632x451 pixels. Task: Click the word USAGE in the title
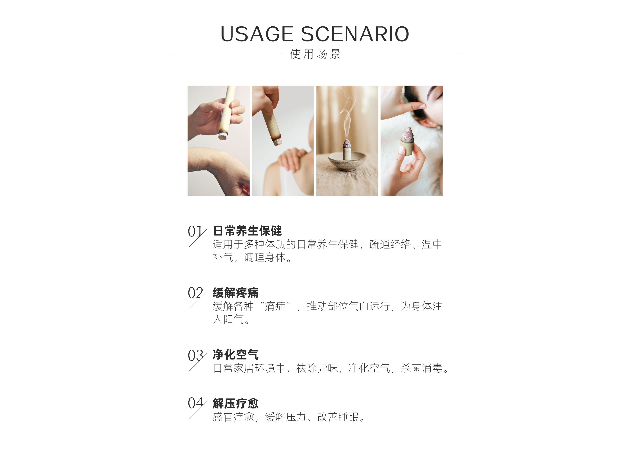257,34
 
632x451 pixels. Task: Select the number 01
195,231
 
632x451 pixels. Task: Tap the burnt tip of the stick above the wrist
222,136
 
